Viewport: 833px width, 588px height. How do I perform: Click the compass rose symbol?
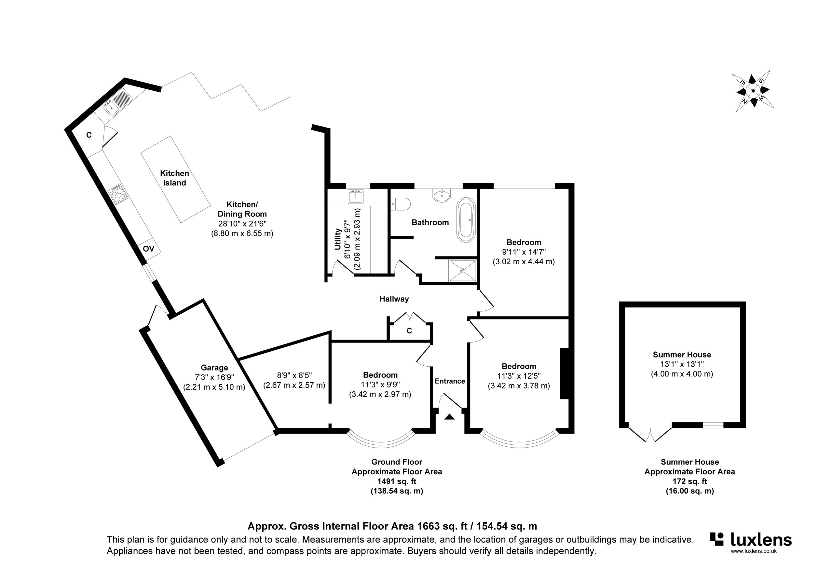pos(753,91)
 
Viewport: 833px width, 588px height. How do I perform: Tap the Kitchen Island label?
pos(174,178)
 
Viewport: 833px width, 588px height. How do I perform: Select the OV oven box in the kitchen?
pos(148,249)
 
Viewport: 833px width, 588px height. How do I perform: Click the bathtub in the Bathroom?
pos(466,220)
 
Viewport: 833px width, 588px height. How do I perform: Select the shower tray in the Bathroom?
pos(463,270)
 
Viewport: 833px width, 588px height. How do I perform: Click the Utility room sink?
pos(356,196)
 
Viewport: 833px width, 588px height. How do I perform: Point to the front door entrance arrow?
pos(449,417)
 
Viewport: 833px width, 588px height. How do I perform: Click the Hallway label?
pos(394,299)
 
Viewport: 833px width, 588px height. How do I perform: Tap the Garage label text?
pos(214,368)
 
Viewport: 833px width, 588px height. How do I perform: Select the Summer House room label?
pos(682,355)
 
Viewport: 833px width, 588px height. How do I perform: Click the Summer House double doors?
pos(650,435)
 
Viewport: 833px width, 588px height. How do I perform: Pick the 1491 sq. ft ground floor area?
pos(397,481)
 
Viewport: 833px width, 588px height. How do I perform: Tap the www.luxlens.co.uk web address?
pos(753,551)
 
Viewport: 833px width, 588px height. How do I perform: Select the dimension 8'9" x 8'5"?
pos(294,375)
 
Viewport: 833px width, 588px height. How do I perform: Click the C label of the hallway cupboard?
pos(409,331)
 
